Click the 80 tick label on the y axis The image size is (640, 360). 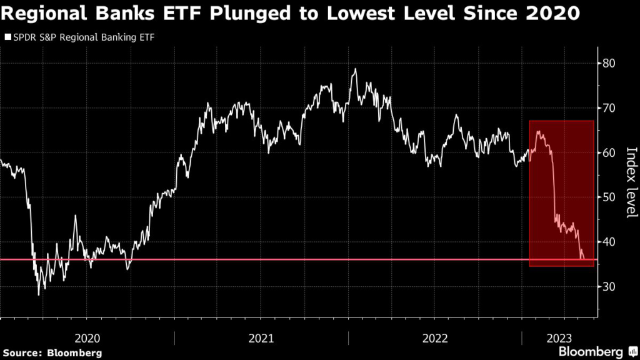(x=610, y=63)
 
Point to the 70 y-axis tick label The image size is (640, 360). (x=610, y=108)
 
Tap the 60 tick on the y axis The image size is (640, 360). (x=610, y=152)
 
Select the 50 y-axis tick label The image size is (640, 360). (x=610, y=197)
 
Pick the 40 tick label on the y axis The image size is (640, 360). (x=610, y=242)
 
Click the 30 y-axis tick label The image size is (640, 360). (x=610, y=287)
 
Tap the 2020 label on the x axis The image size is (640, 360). (x=87, y=338)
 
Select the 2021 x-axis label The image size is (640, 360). (x=261, y=338)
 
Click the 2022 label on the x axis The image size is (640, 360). (x=435, y=338)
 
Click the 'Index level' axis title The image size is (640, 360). (x=631, y=183)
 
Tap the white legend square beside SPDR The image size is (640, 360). (x=7, y=37)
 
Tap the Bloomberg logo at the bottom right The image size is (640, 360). (x=591, y=351)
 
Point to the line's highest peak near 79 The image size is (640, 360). (x=355, y=69)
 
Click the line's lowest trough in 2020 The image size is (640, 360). (x=39, y=294)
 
